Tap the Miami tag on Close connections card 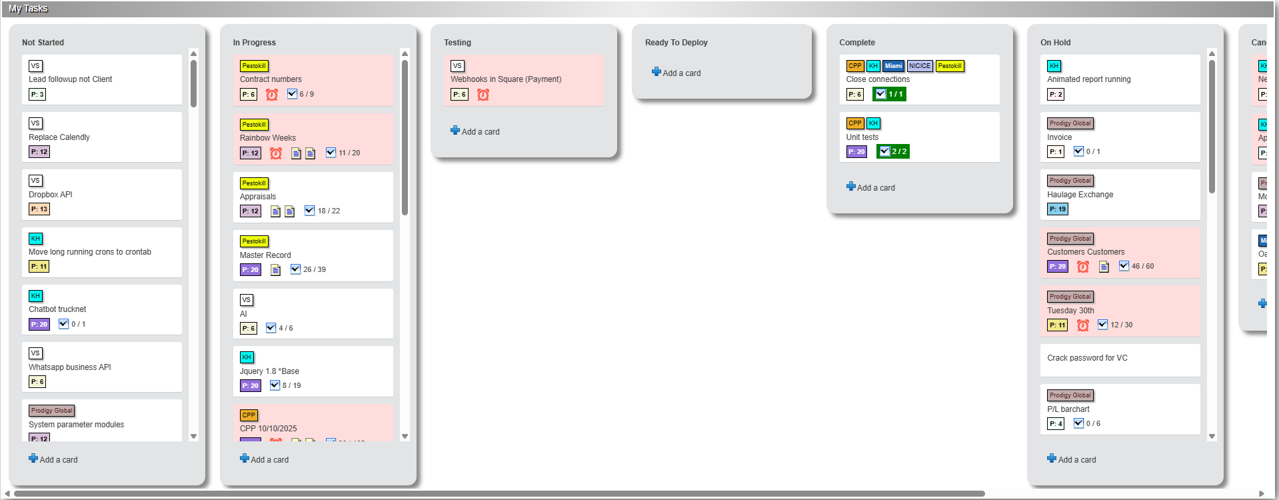[893, 66]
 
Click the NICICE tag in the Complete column [919, 66]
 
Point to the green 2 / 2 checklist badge [892, 151]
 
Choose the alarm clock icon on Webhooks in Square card [483, 95]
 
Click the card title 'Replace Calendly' [59, 137]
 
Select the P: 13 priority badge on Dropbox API [39, 209]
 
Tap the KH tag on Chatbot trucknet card [35, 296]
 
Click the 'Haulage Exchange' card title [1080, 195]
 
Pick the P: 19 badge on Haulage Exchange [1057, 209]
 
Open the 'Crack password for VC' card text [1087, 358]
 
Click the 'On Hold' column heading [1055, 43]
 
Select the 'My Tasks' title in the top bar [28, 9]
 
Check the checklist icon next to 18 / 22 [309, 211]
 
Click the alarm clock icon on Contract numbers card [272, 95]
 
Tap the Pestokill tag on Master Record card [254, 241]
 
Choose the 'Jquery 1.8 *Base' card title [269, 371]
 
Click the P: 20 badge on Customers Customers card [1057, 267]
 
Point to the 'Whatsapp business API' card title [70, 367]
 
